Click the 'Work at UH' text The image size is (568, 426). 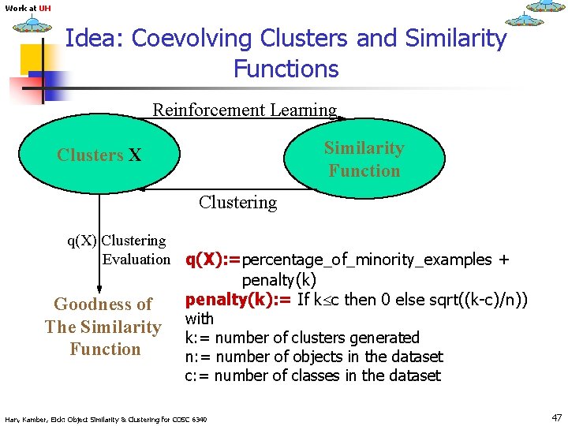pyautogui.click(x=28, y=9)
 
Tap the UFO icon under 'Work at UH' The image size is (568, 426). pyautogui.click(x=32, y=25)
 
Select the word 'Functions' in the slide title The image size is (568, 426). pyautogui.click(x=286, y=69)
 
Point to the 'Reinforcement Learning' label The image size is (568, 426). pyautogui.click(x=245, y=110)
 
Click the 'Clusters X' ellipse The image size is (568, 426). pyautogui.click(x=99, y=155)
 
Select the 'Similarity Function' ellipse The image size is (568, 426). pyautogui.click(x=364, y=159)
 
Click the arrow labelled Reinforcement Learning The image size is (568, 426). pyautogui.click(x=237, y=119)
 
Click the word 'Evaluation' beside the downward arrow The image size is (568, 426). pyautogui.click(x=136, y=260)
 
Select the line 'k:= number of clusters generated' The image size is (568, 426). pyautogui.click(x=302, y=338)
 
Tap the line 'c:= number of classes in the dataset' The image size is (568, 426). pyautogui.click(x=312, y=376)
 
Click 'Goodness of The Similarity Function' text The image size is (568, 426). pyautogui.click(x=103, y=327)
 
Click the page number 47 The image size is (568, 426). pyautogui.click(x=557, y=417)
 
